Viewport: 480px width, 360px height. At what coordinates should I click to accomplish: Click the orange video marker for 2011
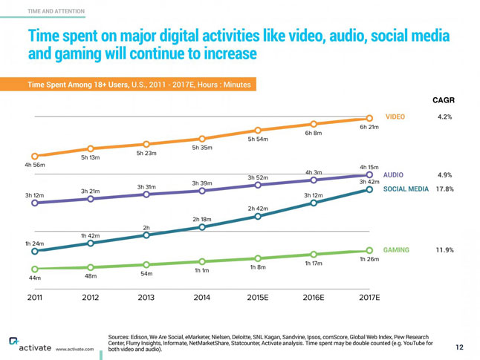[35, 157]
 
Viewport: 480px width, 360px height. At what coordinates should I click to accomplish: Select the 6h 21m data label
[369, 127]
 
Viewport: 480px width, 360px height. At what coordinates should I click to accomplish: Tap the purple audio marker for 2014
[202, 191]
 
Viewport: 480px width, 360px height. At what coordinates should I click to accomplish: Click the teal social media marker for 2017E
[369, 189]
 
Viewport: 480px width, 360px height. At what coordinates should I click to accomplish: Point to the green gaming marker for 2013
[146, 265]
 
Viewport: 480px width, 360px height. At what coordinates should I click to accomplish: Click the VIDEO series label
[395, 117]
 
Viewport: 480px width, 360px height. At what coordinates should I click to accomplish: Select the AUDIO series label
[394, 175]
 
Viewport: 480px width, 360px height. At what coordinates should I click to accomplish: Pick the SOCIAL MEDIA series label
[406, 189]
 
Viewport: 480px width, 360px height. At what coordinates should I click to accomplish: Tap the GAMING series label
[396, 250]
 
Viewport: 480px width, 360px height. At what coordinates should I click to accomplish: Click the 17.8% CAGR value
[444, 189]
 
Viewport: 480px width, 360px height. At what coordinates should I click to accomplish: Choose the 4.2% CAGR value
[446, 117]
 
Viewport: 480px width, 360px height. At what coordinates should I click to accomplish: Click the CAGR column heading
[443, 100]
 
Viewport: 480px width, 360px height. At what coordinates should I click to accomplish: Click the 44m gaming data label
[35, 278]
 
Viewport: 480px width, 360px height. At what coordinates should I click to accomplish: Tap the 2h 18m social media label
[202, 219]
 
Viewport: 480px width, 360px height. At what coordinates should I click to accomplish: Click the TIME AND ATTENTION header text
[56, 11]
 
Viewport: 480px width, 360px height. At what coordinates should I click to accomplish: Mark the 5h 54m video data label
[258, 139]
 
